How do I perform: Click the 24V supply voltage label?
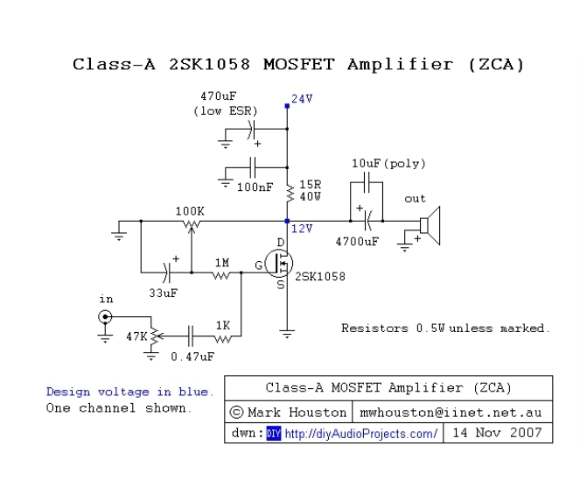[x=302, y=99]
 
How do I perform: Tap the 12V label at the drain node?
[x=302, y=229]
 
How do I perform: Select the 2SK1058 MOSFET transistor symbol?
[x=279, y=263]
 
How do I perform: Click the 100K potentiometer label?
[x=190, y=211]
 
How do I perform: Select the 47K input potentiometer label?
[x=136, y=336]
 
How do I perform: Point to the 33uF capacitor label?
[x=163, y=293]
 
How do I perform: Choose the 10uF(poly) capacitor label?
[x=383, y=164]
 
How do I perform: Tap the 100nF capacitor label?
[x=254, y=187]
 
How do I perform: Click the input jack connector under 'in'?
[x=105, y=317]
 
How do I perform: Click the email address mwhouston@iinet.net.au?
[x=452, y=411]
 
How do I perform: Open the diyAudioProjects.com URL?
[x=360, y=433]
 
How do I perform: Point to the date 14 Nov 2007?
[x=499, y=433]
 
